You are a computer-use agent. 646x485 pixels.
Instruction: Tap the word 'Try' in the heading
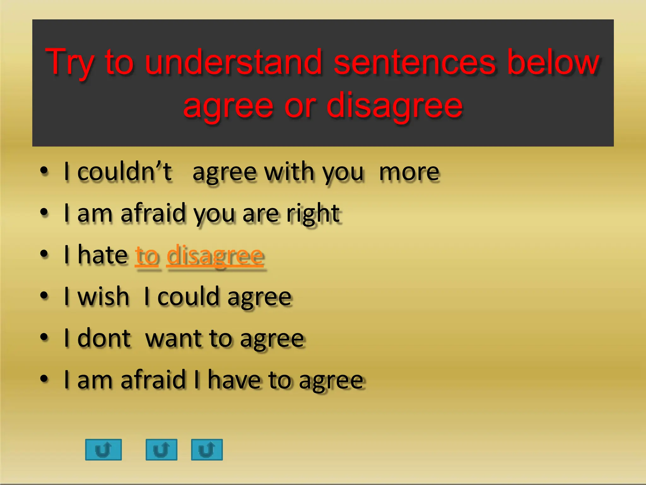point(70,63)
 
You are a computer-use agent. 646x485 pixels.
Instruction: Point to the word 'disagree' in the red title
point(394,105)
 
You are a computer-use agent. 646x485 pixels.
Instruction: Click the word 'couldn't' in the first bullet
point(124,172)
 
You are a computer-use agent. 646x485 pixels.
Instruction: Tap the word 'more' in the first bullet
point(409,172)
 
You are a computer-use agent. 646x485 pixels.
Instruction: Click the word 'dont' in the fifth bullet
point(104,338)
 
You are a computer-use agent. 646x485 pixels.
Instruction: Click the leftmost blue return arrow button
point(103,449)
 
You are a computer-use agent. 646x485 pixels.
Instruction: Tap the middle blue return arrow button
point(161,449)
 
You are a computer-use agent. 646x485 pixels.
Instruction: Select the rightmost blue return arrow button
point(207,449)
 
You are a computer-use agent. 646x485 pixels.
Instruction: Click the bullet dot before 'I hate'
point(44,254)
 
